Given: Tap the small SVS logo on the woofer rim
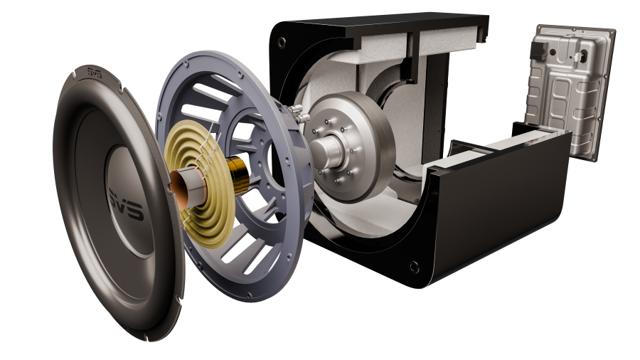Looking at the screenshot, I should click(94, 71).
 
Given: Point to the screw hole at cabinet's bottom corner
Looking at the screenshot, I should click(413, 267).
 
